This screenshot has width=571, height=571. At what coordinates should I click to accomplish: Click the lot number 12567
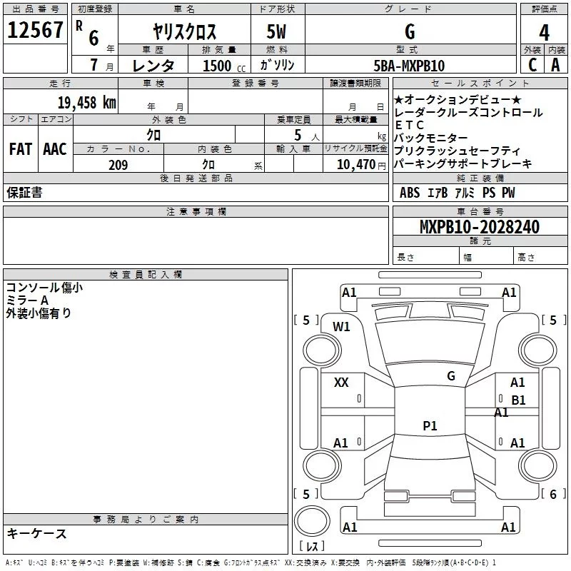click(x=35, y=31)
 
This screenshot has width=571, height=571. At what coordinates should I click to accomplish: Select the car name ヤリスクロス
click(x=185, y=32)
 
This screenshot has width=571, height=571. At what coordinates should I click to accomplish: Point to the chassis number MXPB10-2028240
click(x=480, y=227)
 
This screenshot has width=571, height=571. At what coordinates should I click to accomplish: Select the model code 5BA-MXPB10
click(x=409, y=66)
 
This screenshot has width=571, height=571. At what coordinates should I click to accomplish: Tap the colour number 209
click(x=118, y=165)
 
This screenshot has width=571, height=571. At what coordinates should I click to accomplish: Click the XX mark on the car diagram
click(x=341, y=383)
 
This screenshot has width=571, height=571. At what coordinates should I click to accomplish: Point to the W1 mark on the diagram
click(x=341, y=327)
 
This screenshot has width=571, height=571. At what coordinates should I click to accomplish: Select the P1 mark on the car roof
click(x=429, y=426)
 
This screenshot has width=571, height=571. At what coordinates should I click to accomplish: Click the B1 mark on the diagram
click(x=518, y=400)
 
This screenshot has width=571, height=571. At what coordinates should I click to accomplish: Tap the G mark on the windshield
click(x=450, y=375)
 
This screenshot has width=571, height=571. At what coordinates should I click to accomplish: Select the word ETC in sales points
click(x=409, y=125)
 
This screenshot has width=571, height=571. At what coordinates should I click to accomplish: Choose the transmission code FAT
click(x=20, y=149)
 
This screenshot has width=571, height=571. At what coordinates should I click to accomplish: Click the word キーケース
click(x=36, y=533)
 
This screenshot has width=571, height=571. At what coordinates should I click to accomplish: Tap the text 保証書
click(x=24, y=193)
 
